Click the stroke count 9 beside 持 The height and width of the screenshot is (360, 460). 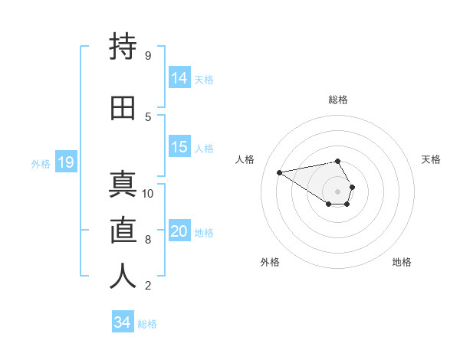[147, 55]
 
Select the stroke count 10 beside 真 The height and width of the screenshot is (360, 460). [148, 193]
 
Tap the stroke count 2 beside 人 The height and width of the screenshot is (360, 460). [147, 286]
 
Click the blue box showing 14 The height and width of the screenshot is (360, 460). [179, 78]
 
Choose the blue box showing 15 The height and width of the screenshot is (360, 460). [179, 147]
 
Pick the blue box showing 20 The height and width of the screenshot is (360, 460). [179, 231]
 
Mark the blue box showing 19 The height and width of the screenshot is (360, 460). [65, 162]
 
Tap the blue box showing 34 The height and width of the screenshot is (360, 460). [122, 322]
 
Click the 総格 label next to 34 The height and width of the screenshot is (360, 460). [147, 324]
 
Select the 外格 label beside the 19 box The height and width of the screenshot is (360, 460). [40, 163]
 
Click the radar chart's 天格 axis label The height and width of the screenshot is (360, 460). [431, 159]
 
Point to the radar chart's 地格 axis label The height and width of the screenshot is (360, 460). [402, 262]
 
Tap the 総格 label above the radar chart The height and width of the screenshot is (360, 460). [337, 100]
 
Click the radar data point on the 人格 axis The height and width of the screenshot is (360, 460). [279, 172]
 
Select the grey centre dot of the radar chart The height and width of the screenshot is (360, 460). [337, 191]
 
